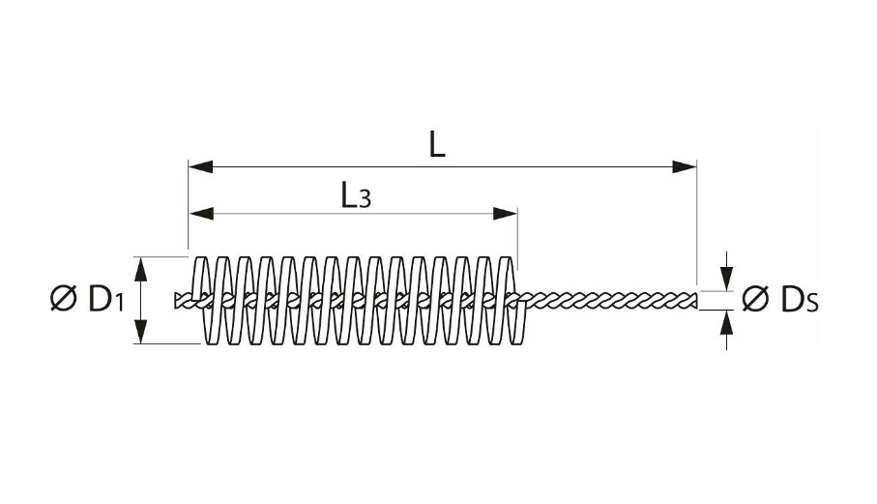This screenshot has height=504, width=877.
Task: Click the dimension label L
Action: (x=438, y=145)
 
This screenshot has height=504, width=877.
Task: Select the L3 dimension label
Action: (x=355, y=196)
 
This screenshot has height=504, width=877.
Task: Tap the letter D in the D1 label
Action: (x=99, y=300)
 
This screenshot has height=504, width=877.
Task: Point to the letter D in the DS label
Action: (x=791, y=301)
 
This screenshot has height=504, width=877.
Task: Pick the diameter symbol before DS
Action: (x=755, y=301)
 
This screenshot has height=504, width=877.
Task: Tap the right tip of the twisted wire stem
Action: (x=697, y=300)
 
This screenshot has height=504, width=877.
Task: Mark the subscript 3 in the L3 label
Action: (x=365, y=200)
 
